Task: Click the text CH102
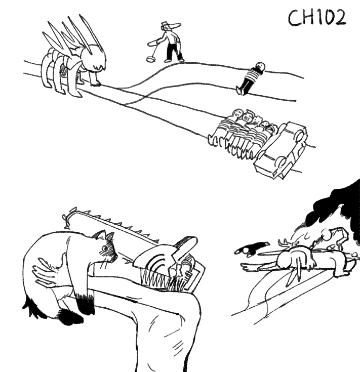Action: point(317,18)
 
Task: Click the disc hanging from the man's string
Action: point(150,58)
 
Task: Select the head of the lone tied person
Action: point(260,66)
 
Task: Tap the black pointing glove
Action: point(252,249)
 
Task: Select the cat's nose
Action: point(116,256)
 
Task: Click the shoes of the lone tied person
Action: point(240,91)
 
